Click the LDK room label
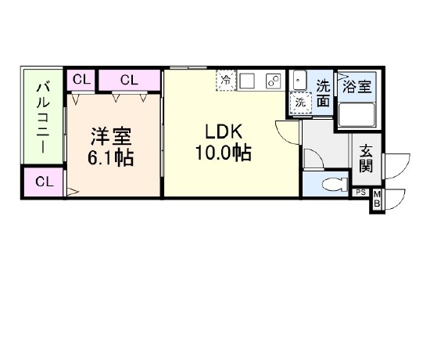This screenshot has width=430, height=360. [224, 131]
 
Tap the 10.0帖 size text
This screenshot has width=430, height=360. [224, 153]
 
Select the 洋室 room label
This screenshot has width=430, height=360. [111, 136]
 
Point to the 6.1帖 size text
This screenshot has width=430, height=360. [110, 157]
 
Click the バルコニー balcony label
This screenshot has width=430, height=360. [43, 117]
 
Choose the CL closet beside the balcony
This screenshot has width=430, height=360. [44, 182]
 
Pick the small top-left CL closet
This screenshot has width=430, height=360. [81, 80]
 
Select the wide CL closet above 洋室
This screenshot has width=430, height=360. [129, 80]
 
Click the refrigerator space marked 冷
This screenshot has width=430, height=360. [226, 80]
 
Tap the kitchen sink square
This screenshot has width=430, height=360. [247, 81]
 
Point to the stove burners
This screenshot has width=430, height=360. [274, 81]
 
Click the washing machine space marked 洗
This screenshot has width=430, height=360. [301, 103]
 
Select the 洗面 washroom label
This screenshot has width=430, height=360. [324, 93]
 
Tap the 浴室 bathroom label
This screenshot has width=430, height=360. [357, 87]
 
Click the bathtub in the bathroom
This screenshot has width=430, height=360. [357, 115]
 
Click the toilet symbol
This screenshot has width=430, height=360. [335, 184]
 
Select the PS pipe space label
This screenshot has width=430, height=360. [361, 193]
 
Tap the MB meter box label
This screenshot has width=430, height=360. [377, 199]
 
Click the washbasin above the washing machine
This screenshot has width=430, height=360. [298, 80]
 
